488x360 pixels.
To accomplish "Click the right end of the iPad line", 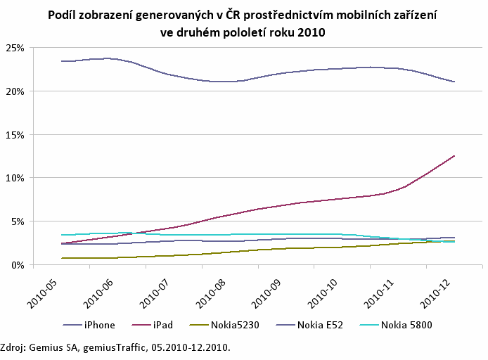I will [x=455, y=155].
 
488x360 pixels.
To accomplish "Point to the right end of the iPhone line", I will [x=455, y=82].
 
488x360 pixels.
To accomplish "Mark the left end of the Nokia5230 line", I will [x=62, y=258].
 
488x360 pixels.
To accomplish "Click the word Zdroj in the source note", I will [x=13, y=347].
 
